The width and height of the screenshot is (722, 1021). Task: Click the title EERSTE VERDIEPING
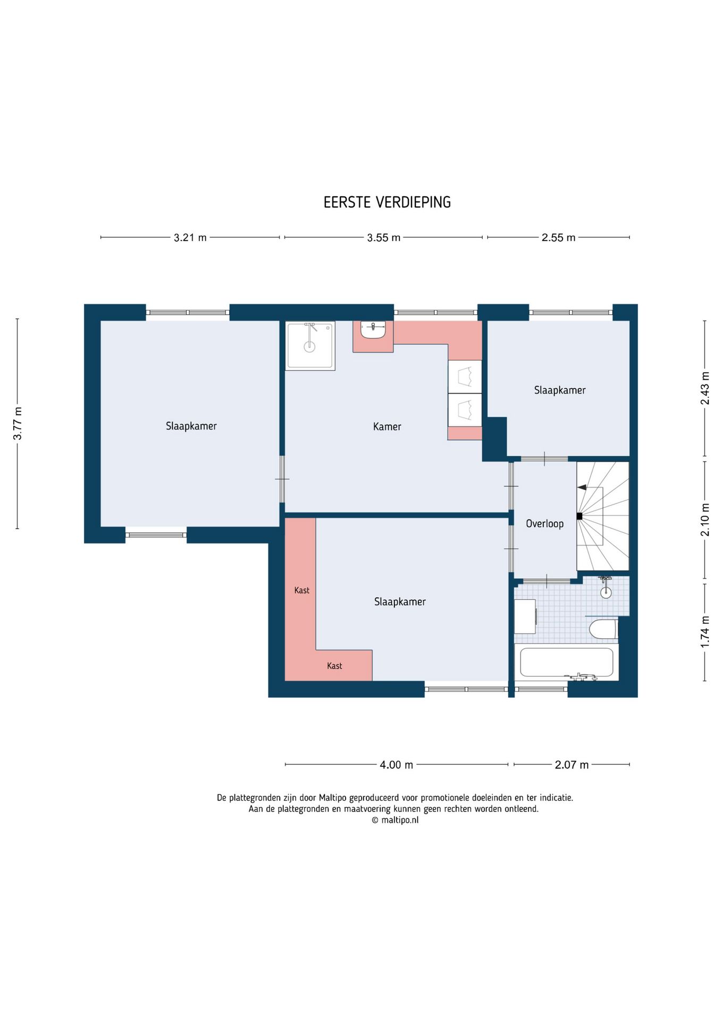point(387,202)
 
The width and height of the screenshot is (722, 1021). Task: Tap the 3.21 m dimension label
point(190,238)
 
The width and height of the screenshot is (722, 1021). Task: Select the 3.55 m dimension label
point(383,238)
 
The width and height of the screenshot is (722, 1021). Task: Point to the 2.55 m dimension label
point(558,238)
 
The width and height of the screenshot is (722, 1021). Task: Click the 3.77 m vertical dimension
point(18,423)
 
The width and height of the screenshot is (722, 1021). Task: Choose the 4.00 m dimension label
point(396,765)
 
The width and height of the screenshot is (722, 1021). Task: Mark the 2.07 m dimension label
point(572,765)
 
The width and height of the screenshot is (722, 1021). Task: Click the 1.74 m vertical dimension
point(705,632)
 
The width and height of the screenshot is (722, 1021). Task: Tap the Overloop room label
point(544,524)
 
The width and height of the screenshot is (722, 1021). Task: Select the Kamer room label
point(387,426)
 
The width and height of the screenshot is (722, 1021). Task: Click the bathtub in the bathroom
point(566,663)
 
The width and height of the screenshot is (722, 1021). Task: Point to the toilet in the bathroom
point(603,629)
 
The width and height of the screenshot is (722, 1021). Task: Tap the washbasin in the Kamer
point(373,330)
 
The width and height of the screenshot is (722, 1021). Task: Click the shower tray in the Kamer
point(310,346)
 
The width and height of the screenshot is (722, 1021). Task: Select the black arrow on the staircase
point(582,487)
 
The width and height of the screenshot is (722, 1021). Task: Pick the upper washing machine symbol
point(465,376)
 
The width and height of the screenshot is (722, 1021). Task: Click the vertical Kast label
point(301,590)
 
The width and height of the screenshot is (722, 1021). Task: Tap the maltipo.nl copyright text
point(395,820)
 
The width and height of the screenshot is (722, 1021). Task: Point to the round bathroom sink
point(606,592)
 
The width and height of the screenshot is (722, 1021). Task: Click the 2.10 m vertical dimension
point(705,520)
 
